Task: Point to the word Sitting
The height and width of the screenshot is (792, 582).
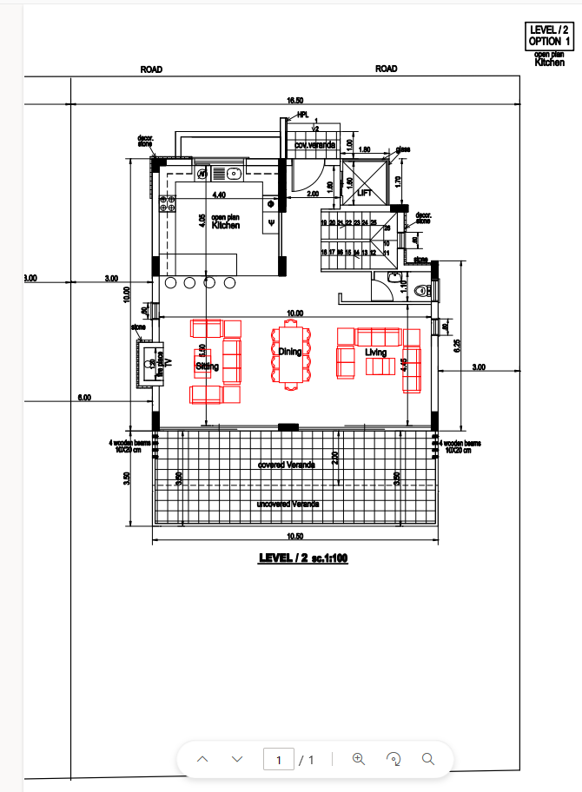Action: click(x=207, y=366)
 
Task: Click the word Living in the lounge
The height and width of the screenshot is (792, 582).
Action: click(x=376, y=353)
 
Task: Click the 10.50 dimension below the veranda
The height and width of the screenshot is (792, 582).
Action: click(x=294, y=536)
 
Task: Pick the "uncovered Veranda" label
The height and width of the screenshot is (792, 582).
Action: click(x=288, y=504)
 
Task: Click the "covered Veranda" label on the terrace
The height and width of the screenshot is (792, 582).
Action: click(x=287, y=465)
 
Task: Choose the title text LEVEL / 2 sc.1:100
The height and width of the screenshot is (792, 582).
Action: click(x=303, y=558)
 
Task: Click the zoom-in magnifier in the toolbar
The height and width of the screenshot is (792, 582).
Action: click(x=358, y=758)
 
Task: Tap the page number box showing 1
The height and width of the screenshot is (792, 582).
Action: click(x=279, y=759)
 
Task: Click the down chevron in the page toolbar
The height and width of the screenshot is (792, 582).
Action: click(x=237, y=759)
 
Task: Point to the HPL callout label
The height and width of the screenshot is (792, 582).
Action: click(x=302, y=115)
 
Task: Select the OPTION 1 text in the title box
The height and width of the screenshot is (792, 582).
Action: click(x=549, y=41)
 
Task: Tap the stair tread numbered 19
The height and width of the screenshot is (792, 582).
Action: click(x=324, y=223)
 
